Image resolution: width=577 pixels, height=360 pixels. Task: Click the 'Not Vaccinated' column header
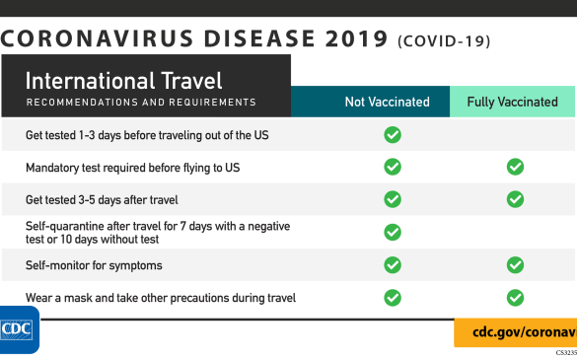[387, 102]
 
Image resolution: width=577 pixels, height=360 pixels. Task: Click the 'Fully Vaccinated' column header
[513, 102]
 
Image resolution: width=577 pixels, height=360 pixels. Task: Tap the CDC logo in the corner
[19, 328]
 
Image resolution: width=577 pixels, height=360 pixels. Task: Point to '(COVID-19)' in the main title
[443, 41]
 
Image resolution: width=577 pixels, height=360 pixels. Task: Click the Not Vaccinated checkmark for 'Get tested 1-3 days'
[392, 134]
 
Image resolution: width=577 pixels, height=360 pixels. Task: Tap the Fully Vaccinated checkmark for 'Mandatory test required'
[515, 167]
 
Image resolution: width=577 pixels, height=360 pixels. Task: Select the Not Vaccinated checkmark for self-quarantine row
[392, 232]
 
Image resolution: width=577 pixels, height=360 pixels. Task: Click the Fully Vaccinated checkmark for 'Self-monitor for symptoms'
[515, 264]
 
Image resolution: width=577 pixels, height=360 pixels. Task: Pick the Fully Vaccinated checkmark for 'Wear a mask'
[515, 297]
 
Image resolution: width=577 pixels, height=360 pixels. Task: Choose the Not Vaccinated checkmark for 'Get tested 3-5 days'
[392, 199]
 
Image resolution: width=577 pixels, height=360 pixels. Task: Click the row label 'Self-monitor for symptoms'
[94, 265]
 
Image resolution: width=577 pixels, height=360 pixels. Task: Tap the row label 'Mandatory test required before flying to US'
[132, 168]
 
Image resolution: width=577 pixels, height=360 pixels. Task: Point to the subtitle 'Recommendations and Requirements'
[140, 103]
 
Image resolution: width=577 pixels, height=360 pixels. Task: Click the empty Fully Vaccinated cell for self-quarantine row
[515, 232]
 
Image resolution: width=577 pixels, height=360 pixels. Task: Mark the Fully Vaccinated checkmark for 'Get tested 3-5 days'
[515, 199]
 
